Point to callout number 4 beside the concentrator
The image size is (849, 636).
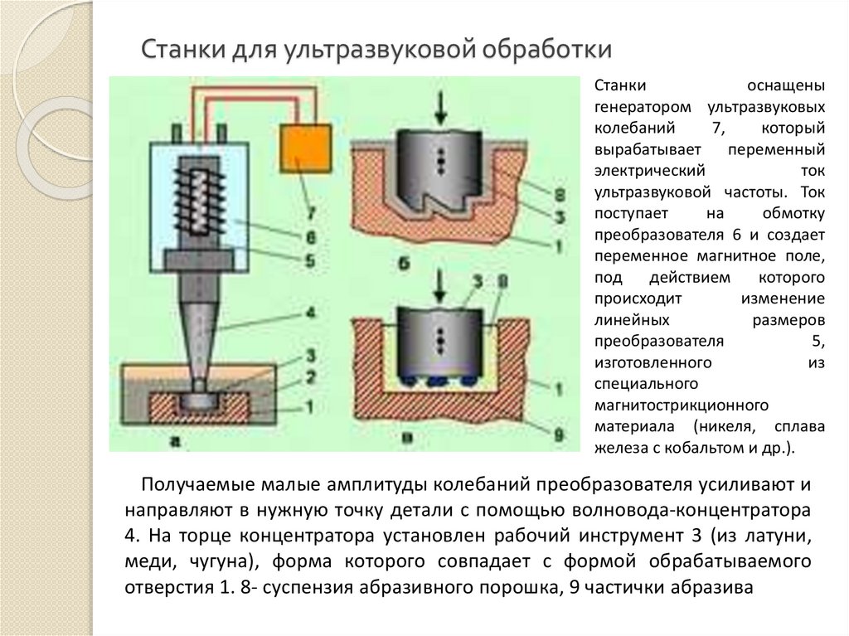[308, 313]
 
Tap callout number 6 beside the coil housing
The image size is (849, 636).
[308, 237]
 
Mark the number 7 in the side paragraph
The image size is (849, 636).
[716, 129]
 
